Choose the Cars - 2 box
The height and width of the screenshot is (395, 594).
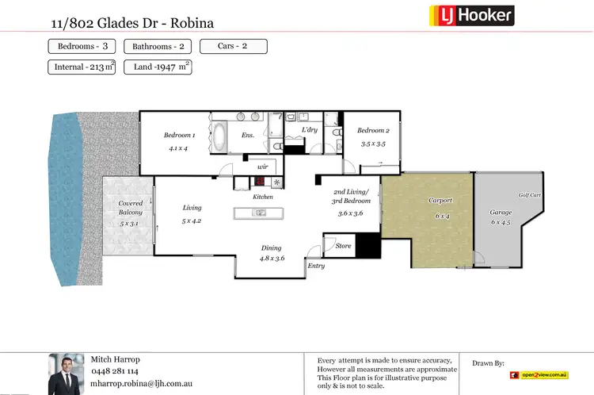pyautogui.click(x=233, y=46)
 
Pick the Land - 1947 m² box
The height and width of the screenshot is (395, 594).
pyautogui.click(x=158, y=67)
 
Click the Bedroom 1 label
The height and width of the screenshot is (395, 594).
pyautogui.click(x=179, y=135)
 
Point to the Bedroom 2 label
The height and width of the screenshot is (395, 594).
pyautogui.click(x=373, y=131)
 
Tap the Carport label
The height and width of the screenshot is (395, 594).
pyautogui.click(x=440, y=201)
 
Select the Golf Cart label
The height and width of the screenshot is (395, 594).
pyautogui.click(x=529, y=194)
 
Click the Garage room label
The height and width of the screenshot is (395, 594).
pyautogui.click(x=501, y=212)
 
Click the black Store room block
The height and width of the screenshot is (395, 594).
pyautogui.click(x=367, y=246)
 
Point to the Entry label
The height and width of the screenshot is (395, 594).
pyautogui.click(x=316, y=266)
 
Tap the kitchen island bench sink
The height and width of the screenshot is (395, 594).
pyautogui.click(x=258, y=212)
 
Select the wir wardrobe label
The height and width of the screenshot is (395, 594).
pyautogui.click(x=263, y=167)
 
